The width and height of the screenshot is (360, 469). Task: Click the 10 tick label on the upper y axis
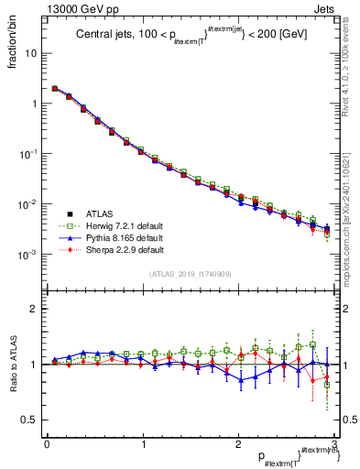30,53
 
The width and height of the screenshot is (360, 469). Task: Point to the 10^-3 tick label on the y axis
27,254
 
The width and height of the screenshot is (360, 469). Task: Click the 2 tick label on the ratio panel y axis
35,309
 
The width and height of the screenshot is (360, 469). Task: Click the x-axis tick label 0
46,444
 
